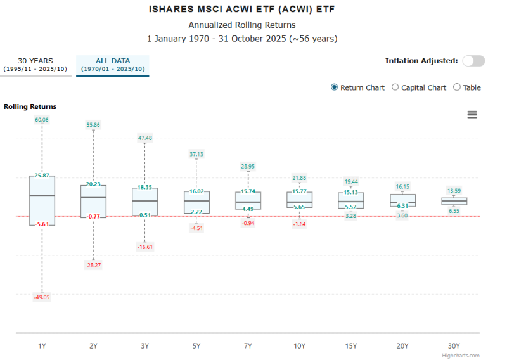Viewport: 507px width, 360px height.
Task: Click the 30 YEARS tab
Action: click(x=35, y=65)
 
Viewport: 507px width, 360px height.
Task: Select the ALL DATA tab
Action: click(x=112, y=65)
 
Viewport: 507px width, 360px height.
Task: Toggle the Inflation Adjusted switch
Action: click(x=473, y=61)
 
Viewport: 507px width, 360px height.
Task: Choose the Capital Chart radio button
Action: click(x=395, y=87)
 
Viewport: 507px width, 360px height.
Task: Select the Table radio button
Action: click(x=457, y=87)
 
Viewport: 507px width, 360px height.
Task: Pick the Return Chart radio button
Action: click(x=335, y=87)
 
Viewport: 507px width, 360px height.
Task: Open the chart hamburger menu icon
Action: click(x=472, y=115)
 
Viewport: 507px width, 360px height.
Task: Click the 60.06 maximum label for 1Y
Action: click(x=42, y=120)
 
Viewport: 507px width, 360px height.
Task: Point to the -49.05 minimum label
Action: click(x=42, y=297)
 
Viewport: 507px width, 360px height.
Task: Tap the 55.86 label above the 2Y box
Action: click(x=93, y=125)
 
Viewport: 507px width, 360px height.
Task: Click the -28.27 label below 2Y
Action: click(x=93, y=265)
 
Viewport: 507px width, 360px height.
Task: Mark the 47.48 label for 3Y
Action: click(x=144, y=138)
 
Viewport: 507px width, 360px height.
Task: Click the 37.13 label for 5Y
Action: click(x=196, y=154)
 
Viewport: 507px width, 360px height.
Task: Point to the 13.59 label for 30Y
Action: click(x=454, y=191)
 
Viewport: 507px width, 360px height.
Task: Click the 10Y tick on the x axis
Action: click(x=299, y=346)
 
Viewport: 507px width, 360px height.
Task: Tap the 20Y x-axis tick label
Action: click(x=402, y=346)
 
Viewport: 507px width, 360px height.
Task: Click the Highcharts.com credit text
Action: click(x=461, y=356)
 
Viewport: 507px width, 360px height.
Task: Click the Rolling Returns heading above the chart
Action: click(x=30, y=106)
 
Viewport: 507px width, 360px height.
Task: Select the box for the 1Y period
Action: click(x=42, y=200)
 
